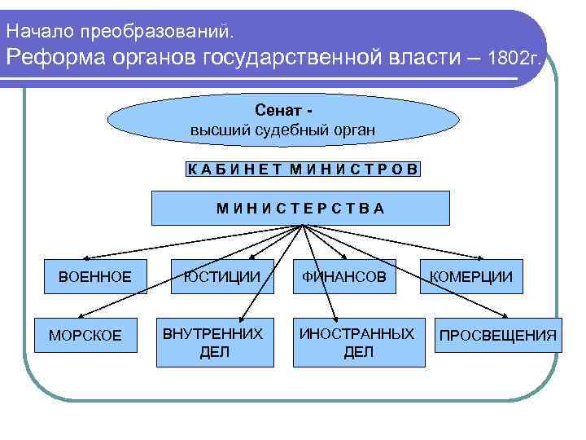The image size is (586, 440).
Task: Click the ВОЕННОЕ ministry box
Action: click(94, 277)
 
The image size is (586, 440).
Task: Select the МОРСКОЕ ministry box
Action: click(85, 335)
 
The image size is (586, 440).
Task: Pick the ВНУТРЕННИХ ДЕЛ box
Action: click(212, 342)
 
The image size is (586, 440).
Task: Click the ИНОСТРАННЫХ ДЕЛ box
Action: click(356, 342)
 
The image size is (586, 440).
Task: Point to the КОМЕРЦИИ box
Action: click(472, 277)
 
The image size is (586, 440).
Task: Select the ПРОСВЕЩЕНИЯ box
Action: click(498, 335)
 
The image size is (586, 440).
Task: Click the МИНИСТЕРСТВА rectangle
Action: click(300, 208)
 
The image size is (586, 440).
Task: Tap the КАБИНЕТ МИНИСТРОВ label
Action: click(303, 169)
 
